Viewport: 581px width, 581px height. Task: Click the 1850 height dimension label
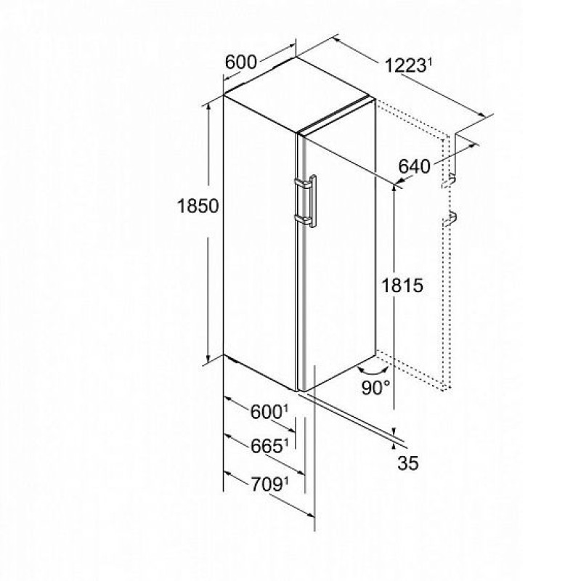tap(198, 206)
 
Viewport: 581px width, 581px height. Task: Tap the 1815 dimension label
tap(402, 285)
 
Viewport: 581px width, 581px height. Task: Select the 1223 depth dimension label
tap(405, 66)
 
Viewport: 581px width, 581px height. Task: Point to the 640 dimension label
tap(414, 166)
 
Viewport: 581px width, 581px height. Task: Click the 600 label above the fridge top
tap(241, 62)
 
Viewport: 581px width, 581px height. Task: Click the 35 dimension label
tap(407, 463)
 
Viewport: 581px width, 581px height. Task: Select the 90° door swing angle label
tap(375, 388)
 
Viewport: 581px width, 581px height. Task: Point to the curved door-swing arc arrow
tap(373, 370)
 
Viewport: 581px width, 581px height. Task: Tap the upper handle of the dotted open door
tap(448, 181)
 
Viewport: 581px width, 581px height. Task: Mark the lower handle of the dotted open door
tap(449, 218)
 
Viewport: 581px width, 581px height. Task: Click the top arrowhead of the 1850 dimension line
tap(208, 107)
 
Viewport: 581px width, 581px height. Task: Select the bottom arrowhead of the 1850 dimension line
tap(208, 358)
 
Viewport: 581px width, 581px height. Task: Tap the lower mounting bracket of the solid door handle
tap(303, 219)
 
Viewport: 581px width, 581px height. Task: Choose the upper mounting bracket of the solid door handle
tap(303, 184)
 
